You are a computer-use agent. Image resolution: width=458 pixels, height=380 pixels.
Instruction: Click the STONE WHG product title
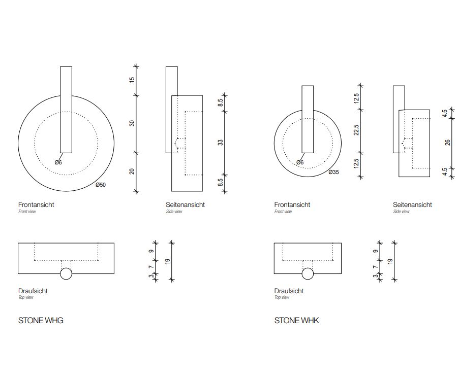(41, 321)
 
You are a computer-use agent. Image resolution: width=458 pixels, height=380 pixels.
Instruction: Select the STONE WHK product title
(296, 321)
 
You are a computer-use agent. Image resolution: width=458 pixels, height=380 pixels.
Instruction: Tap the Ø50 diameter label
(101, 185)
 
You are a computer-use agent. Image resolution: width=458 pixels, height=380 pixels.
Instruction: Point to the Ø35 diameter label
(333, 172)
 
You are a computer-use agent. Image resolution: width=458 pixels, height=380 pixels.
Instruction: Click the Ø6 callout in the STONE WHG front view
(58, 162)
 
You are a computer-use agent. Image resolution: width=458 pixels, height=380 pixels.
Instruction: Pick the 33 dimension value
(221, 143)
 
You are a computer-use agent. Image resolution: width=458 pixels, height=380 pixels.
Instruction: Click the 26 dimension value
(447, 143)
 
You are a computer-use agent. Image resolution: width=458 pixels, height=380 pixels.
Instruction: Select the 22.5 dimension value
(356, 130)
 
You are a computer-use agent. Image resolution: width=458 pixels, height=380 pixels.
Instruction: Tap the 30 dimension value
(132, 123)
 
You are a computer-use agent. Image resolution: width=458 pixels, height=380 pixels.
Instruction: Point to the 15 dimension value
(132, 79)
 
